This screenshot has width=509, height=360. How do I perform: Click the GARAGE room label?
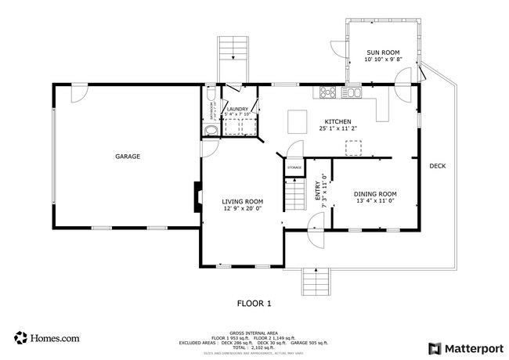pos(128,157)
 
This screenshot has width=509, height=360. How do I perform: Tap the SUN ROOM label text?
pos(383,52)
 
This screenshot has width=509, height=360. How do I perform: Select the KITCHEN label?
pos(338,121)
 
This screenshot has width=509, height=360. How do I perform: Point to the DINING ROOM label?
pos(375,193)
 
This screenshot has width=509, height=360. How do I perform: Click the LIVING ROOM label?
pos(242,201)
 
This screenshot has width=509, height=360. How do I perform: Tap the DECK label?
pos(437,166)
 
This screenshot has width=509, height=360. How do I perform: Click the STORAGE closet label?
pos(294,167)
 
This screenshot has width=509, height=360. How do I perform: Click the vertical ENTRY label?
pos(318,192)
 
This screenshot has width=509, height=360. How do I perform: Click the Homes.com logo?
pos(46,338)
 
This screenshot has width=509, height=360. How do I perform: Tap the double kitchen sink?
pos(353,93)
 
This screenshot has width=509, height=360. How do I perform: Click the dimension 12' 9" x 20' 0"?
pos(242,209)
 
